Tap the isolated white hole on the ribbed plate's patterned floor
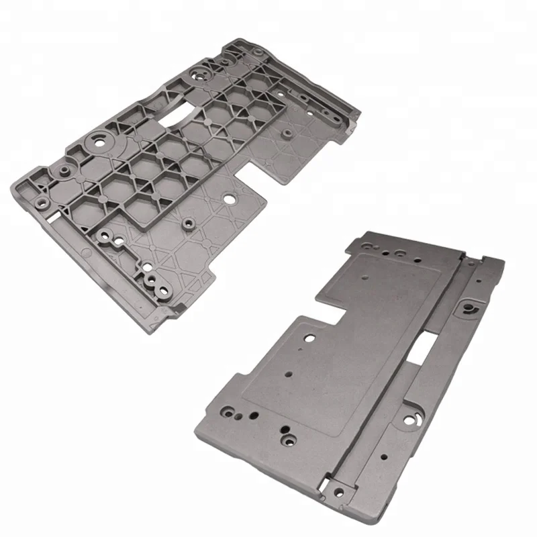tap(230, 199)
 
